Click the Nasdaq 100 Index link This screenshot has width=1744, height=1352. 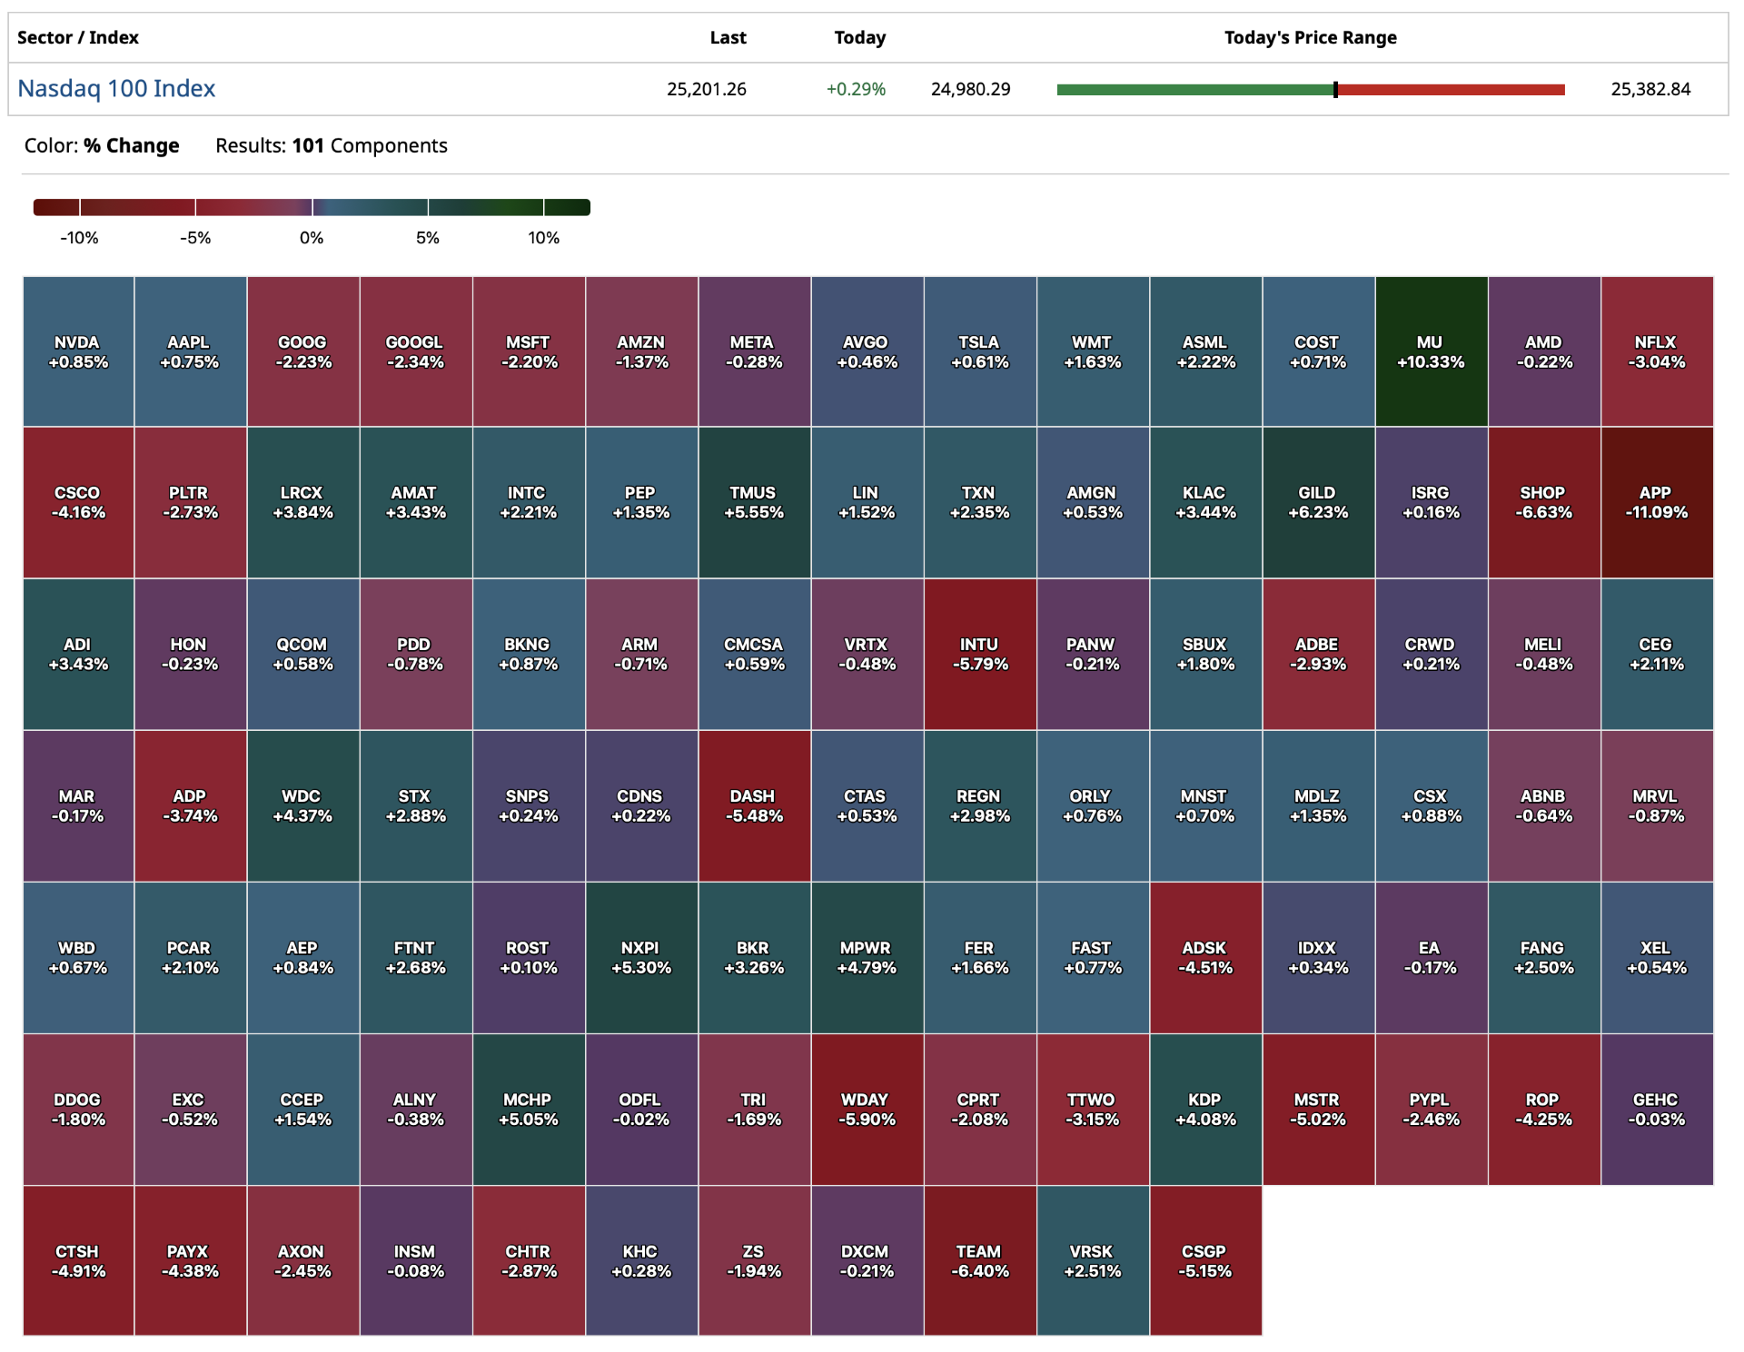point(116,88)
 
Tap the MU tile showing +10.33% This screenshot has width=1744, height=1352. point(1431,351)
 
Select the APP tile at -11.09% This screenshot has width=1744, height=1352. point(1656,502)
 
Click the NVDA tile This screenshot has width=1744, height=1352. point(78,351)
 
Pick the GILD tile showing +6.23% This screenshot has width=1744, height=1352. point(1317,502)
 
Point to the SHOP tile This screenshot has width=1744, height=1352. point(1543,502)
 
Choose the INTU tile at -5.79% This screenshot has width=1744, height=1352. point(979,654)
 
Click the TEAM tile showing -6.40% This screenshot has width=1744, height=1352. point(979,1260)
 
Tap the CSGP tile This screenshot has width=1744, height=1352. point(1204,1260)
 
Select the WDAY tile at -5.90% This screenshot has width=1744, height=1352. point(867,1109)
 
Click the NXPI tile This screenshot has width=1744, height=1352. point(640,957)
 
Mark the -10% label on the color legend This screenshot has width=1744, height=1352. point(79,238)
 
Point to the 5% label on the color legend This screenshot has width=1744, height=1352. point(428,238)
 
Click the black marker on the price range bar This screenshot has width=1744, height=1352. point(1335,89)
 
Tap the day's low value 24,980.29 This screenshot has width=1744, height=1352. point(970,89)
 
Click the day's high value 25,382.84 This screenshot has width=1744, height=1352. point(1650,89)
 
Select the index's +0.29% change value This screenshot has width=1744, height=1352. point(856,89)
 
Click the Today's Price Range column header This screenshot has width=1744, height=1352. point(1310,37)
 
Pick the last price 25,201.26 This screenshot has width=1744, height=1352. point(706,89)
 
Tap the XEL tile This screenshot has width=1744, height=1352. point(1656,957)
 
